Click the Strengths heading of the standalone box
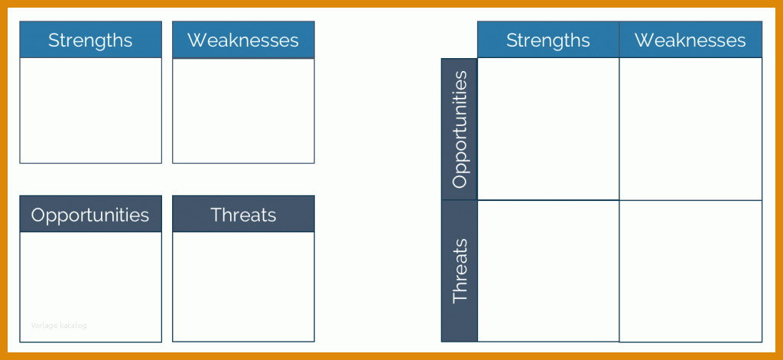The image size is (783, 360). (90, 40)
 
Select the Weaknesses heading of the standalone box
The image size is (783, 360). (243, 40)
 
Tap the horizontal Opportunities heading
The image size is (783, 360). (90, 214)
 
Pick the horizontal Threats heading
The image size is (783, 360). (243, 214)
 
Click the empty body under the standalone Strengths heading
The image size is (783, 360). (90, 110)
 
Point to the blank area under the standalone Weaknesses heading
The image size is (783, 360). (243, 111)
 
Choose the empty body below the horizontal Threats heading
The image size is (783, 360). (243, 287)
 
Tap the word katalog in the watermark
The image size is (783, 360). (73, 326)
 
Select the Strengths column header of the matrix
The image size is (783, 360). (548, 40)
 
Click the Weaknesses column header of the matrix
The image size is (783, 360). (690, 40)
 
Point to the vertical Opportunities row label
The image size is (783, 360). (460, 129)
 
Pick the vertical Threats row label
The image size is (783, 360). (460, 271)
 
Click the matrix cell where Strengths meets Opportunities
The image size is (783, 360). (548, 129)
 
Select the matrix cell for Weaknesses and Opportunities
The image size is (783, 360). (690, 129)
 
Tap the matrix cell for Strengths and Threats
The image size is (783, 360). (548, 271)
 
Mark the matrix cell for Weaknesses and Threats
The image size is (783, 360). (690, 271)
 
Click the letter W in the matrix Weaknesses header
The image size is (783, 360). (643, 40)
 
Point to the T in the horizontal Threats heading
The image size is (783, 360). (216, 215)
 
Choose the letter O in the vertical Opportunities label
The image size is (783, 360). (459, 180)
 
